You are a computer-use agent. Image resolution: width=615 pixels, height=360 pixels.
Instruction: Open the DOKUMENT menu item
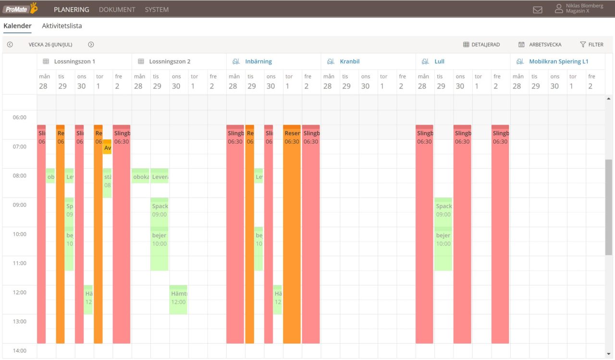point(117,10)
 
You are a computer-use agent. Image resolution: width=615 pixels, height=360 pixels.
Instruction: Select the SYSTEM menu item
point(157,10)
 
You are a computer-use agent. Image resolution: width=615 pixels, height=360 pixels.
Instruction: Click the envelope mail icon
point(538,10)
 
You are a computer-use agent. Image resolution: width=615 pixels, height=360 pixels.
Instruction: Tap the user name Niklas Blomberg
point(584,6)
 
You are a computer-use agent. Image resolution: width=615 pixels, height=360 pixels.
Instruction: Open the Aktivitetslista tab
point(62,26)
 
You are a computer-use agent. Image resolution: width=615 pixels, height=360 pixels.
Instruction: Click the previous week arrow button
point(10,45)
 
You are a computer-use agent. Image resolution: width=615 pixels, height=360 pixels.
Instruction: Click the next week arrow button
point(91,45)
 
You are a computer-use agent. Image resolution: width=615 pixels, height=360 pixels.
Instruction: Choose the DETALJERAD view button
point(481,45)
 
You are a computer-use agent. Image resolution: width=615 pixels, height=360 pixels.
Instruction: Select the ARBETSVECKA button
point(540,45)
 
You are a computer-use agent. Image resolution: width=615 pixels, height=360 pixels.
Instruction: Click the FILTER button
point(591,45)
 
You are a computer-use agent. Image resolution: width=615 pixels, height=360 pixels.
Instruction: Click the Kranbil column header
point(349,62)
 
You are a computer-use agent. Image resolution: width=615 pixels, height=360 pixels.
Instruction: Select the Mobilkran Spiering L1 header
point(558,62)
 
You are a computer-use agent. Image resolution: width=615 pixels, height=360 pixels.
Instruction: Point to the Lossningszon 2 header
point(170,62)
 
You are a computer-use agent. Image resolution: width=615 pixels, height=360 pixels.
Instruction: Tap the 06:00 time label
point(19,117)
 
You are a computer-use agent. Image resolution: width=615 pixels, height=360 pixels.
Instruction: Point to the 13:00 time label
point(19,322)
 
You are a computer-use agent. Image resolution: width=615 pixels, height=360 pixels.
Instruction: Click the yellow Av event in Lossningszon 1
point(107,147)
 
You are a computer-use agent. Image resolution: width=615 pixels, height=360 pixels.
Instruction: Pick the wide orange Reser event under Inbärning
point(292,236)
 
